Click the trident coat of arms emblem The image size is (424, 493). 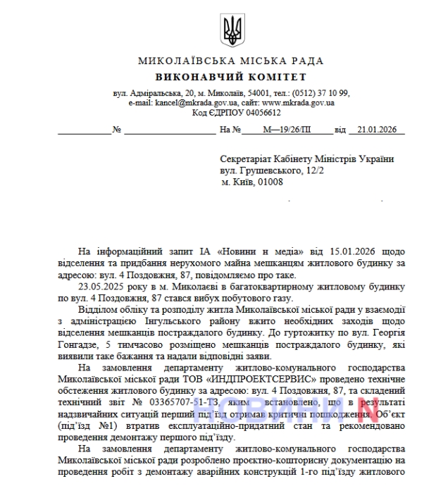(x=232, y=30)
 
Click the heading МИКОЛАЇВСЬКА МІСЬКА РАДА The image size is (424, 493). (x=231, y=62)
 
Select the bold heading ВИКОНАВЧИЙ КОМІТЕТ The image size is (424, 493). (x=231, y=77)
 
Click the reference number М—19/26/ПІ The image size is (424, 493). (x=286, y=130)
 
